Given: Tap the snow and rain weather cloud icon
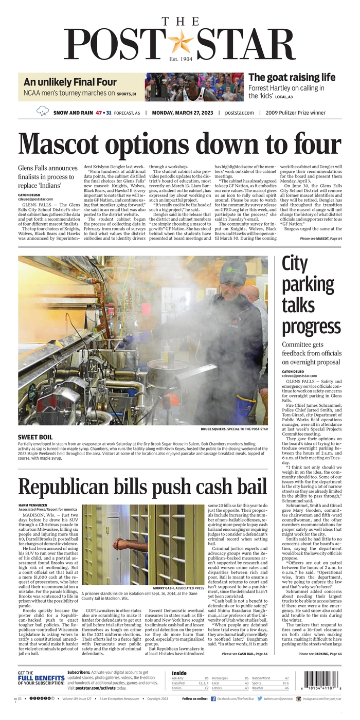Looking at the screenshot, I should coord(43,111).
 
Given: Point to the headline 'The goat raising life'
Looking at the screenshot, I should coord(292,77).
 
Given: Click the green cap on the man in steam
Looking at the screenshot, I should coord(232,271).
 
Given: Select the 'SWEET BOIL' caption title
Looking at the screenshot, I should coord(35,437).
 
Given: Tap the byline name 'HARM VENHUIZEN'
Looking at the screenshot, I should coord(37,506).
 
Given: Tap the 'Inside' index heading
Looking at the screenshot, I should coord(179,673).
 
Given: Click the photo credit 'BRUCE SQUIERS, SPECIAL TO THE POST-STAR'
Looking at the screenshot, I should coord(234,429).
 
